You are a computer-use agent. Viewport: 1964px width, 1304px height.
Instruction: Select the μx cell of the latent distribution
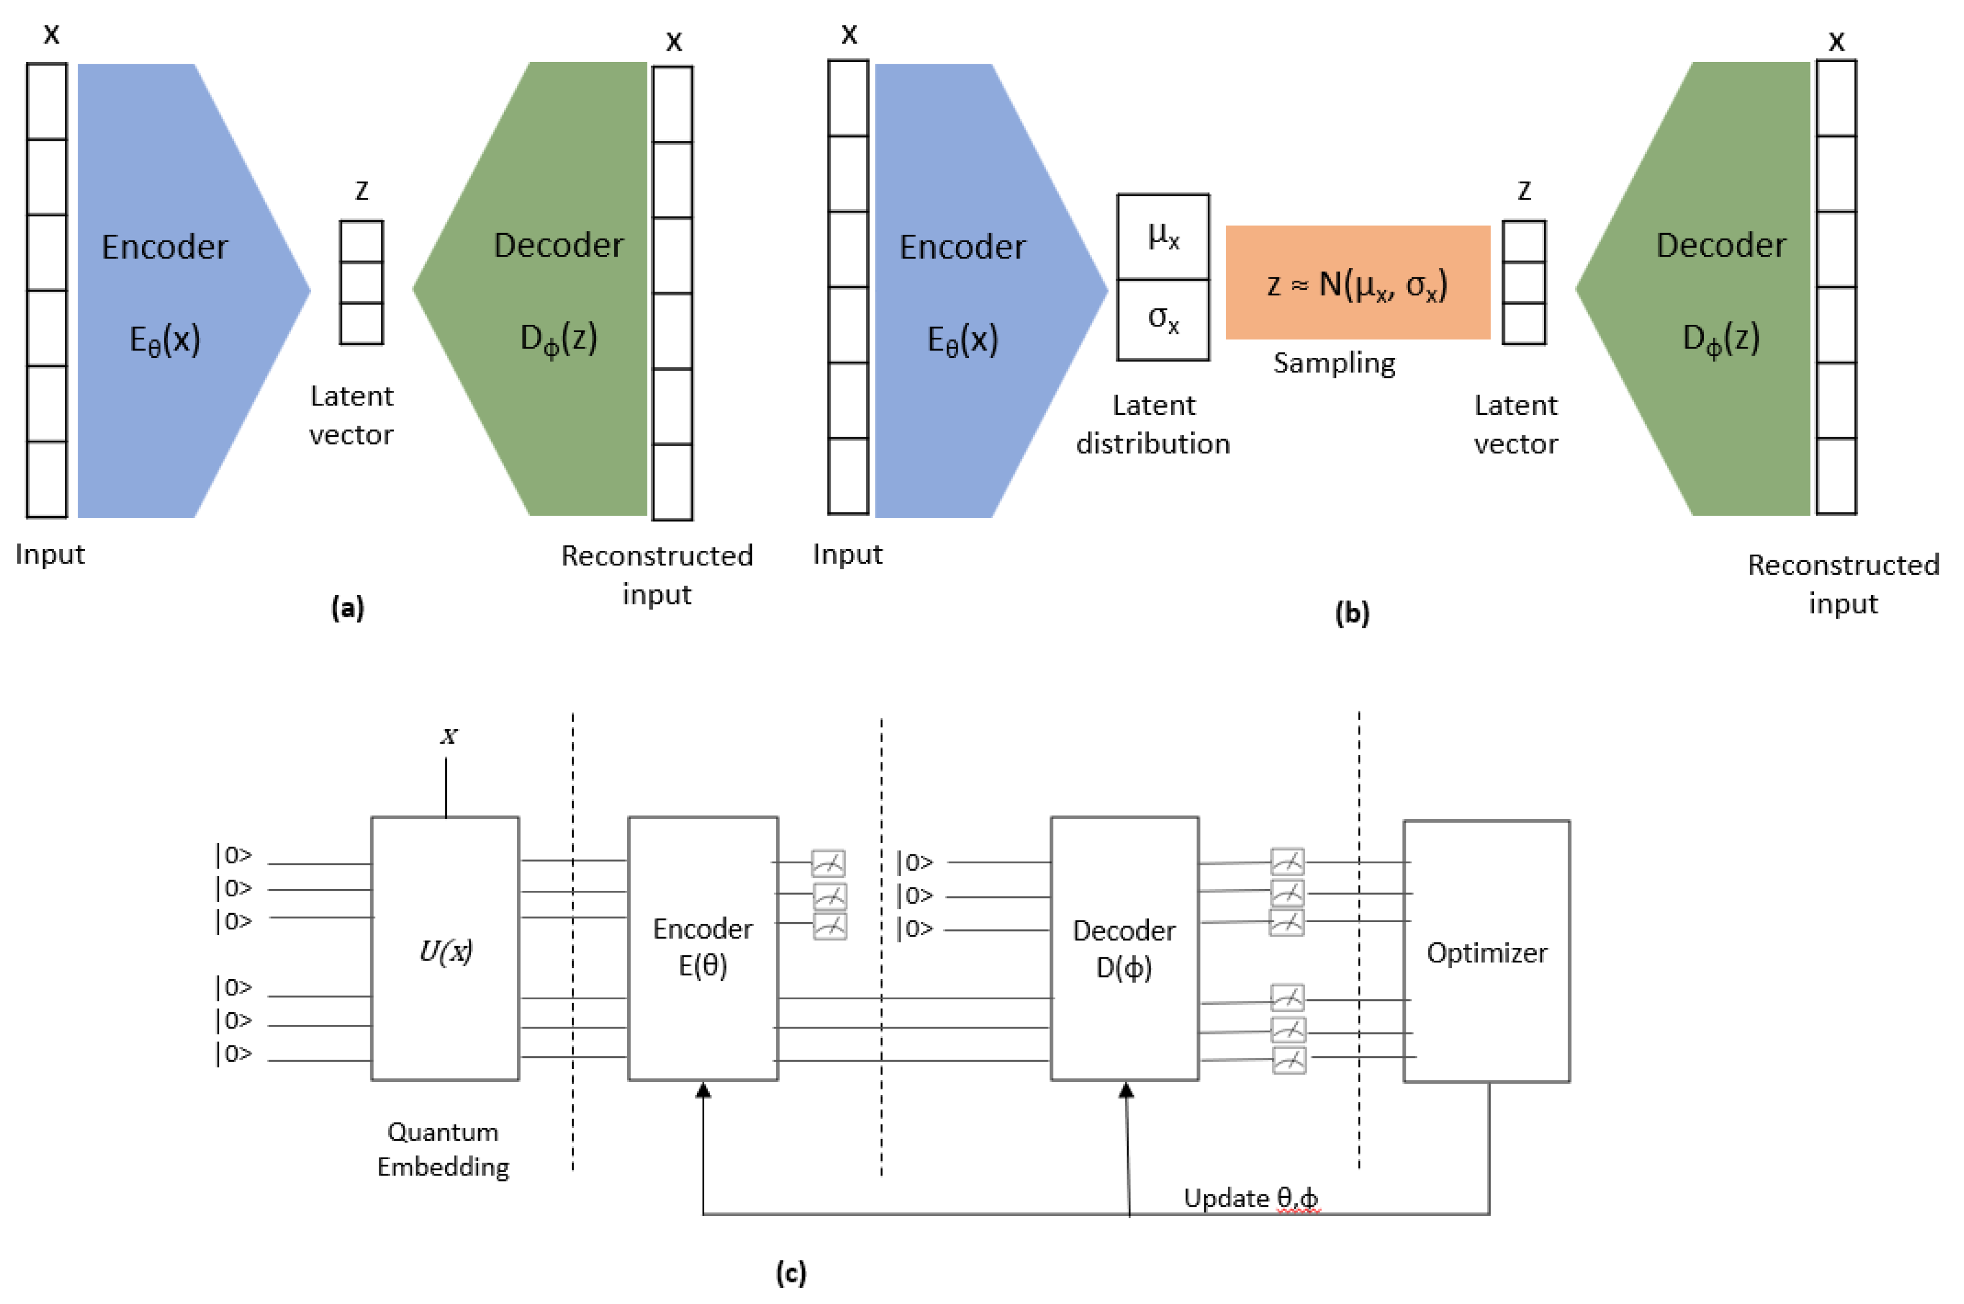[x=1162, y=237]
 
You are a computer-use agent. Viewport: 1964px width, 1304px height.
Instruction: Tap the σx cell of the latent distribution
[x=1162, y=319]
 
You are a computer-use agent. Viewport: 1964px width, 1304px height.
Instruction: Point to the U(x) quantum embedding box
[x=445, y=949]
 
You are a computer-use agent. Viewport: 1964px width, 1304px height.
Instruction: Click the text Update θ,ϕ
[x=1250, y=1198]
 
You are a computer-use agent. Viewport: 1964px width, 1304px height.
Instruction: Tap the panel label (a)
[x=348, y=608]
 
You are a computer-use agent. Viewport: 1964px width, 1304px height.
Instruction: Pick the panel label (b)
[x=1352, y=613]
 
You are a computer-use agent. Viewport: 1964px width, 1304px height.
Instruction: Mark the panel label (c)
[x=790, y=1272]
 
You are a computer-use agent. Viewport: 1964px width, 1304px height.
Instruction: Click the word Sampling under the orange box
[x=1334, y=363]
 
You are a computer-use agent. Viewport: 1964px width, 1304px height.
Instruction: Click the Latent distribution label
[x=1152, y=424]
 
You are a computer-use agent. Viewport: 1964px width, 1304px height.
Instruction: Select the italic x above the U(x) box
[x=449, y=736]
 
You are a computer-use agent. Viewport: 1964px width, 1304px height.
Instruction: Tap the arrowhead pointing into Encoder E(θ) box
[x=703, y=1089]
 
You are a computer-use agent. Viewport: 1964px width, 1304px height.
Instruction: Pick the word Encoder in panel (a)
[x=164, y=247]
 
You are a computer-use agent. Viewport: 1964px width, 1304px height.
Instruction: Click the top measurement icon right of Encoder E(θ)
[x=828, y=863]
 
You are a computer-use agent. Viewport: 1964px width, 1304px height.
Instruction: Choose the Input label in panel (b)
[x=847, y=554]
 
